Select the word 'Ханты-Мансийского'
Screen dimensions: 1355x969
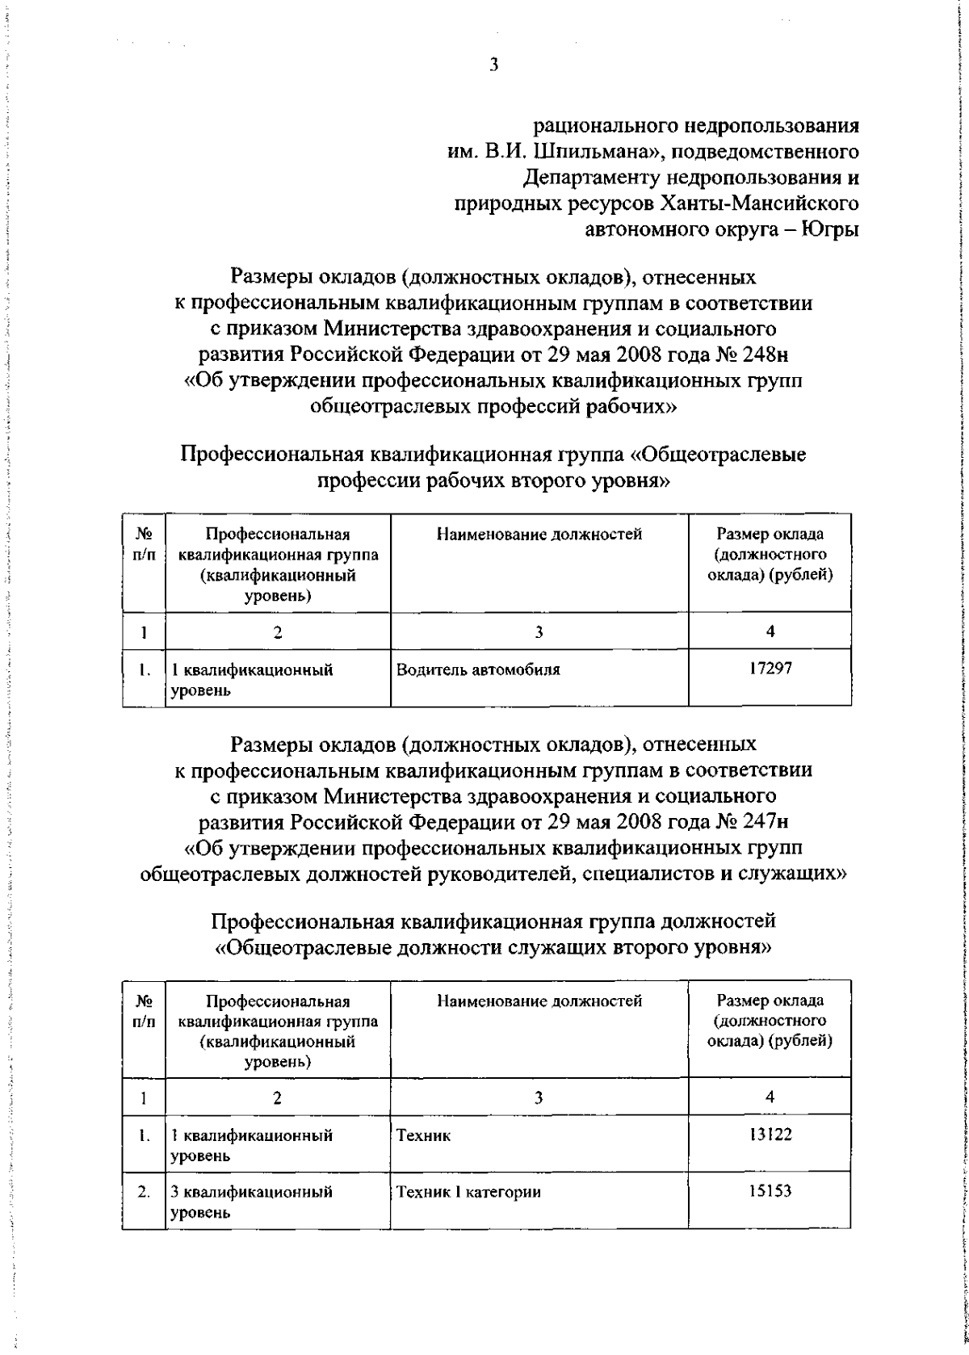(758, 203)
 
